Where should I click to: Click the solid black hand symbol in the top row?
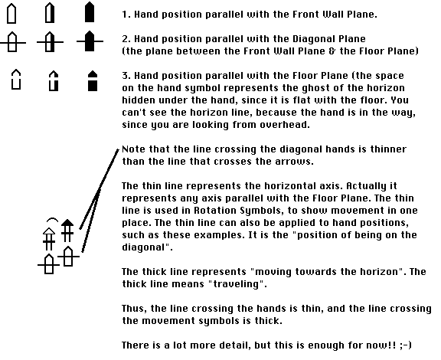click(x=90, y=12)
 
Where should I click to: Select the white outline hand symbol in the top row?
click(x=11, y=13)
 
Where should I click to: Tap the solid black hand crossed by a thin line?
click(x=90, y=41)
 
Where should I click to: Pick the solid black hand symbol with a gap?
click(x=93, y=80)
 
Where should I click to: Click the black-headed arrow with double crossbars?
click(x=67, y=231)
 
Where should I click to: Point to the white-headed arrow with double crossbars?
click(x=49, y=239)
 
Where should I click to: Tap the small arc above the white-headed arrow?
click(x=52, y=220)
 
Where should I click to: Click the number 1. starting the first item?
click(x=126, y=15)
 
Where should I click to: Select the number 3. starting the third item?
click(x=126, y=76)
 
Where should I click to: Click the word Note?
click(x=133, y=149)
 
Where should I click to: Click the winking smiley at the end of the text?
click(x=405, y=345)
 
